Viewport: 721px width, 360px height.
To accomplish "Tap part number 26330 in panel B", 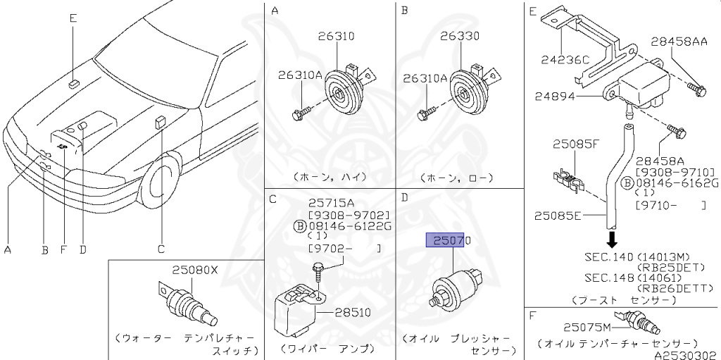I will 460,36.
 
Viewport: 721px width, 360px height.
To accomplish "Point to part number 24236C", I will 565,59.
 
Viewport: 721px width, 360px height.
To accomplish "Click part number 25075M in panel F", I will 586,326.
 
